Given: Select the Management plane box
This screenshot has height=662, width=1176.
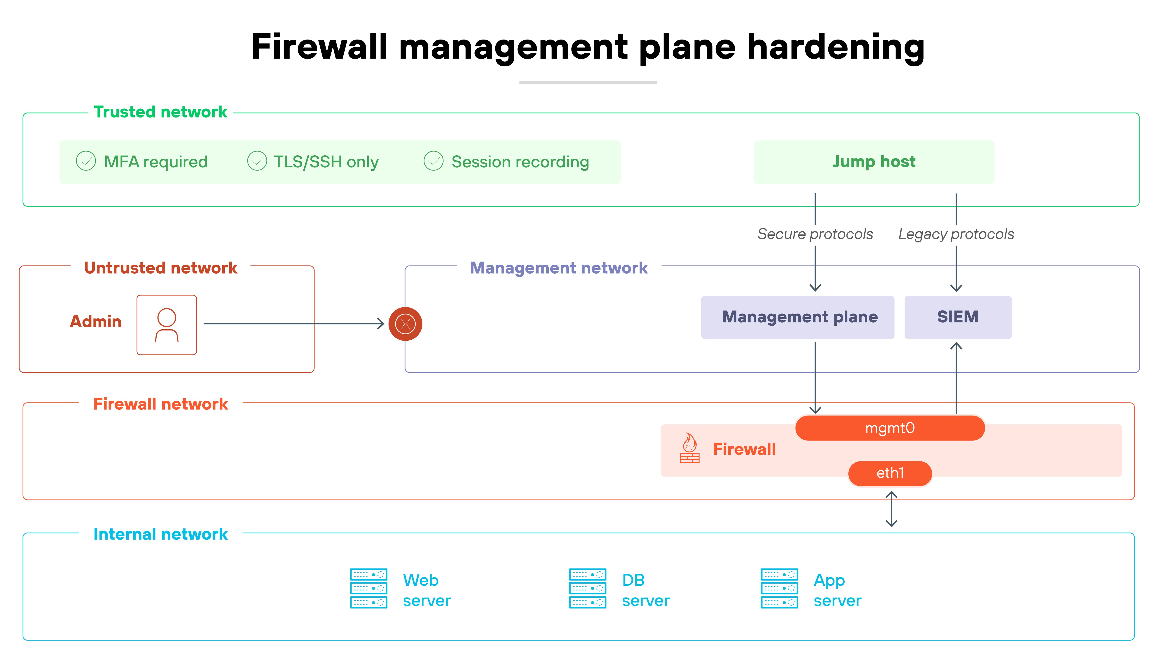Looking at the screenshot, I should pos(797,317).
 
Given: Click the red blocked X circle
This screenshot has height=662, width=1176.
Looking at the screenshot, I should pos(405,324).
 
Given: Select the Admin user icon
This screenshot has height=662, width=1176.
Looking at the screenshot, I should pos(167,325).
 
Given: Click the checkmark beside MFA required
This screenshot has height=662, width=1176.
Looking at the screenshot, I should pos(86,161).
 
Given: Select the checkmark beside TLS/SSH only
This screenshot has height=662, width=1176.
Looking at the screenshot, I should pos(257,161).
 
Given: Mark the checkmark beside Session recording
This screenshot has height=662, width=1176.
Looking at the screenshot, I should pos(433,161).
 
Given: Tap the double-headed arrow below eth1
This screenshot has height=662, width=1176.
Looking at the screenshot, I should pos(891,509).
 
